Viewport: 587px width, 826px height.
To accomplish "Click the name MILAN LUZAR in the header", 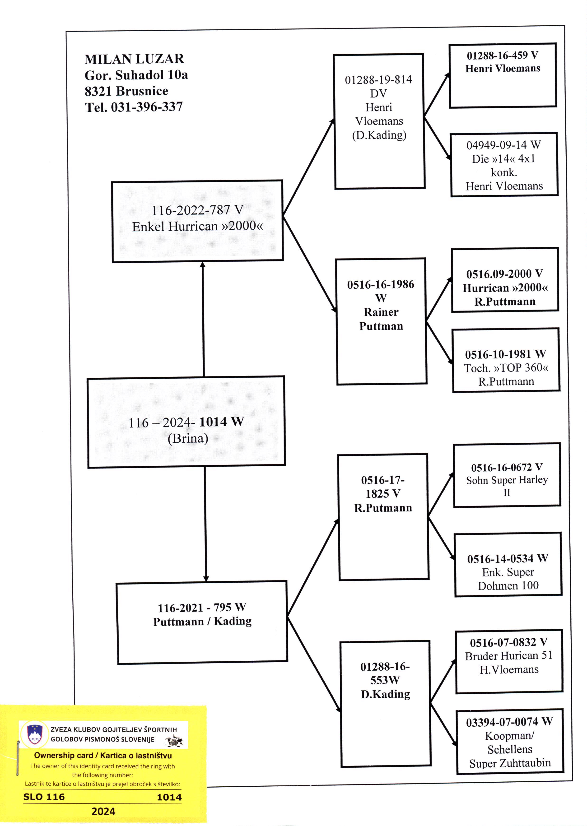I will [134, 59].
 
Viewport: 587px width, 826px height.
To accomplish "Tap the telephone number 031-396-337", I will [146, 107].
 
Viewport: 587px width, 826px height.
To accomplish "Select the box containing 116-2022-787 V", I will [197, 221].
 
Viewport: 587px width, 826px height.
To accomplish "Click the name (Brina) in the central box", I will [188, 438].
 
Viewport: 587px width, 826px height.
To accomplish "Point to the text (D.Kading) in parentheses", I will [379, 135].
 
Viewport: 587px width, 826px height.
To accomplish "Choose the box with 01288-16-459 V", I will [503, 75].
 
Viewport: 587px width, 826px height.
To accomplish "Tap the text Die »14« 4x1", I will [503, 159].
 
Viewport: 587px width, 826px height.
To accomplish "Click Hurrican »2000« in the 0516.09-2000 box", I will [505, 288].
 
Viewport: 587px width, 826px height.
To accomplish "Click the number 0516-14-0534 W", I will [508, 559].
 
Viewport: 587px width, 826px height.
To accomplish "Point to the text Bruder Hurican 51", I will [508, 656].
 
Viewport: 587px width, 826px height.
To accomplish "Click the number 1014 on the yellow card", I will [169, 797].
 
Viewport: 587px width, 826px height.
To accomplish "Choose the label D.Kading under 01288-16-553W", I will [385, 694].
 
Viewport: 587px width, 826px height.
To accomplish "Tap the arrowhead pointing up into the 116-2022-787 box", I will [202, 265].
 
